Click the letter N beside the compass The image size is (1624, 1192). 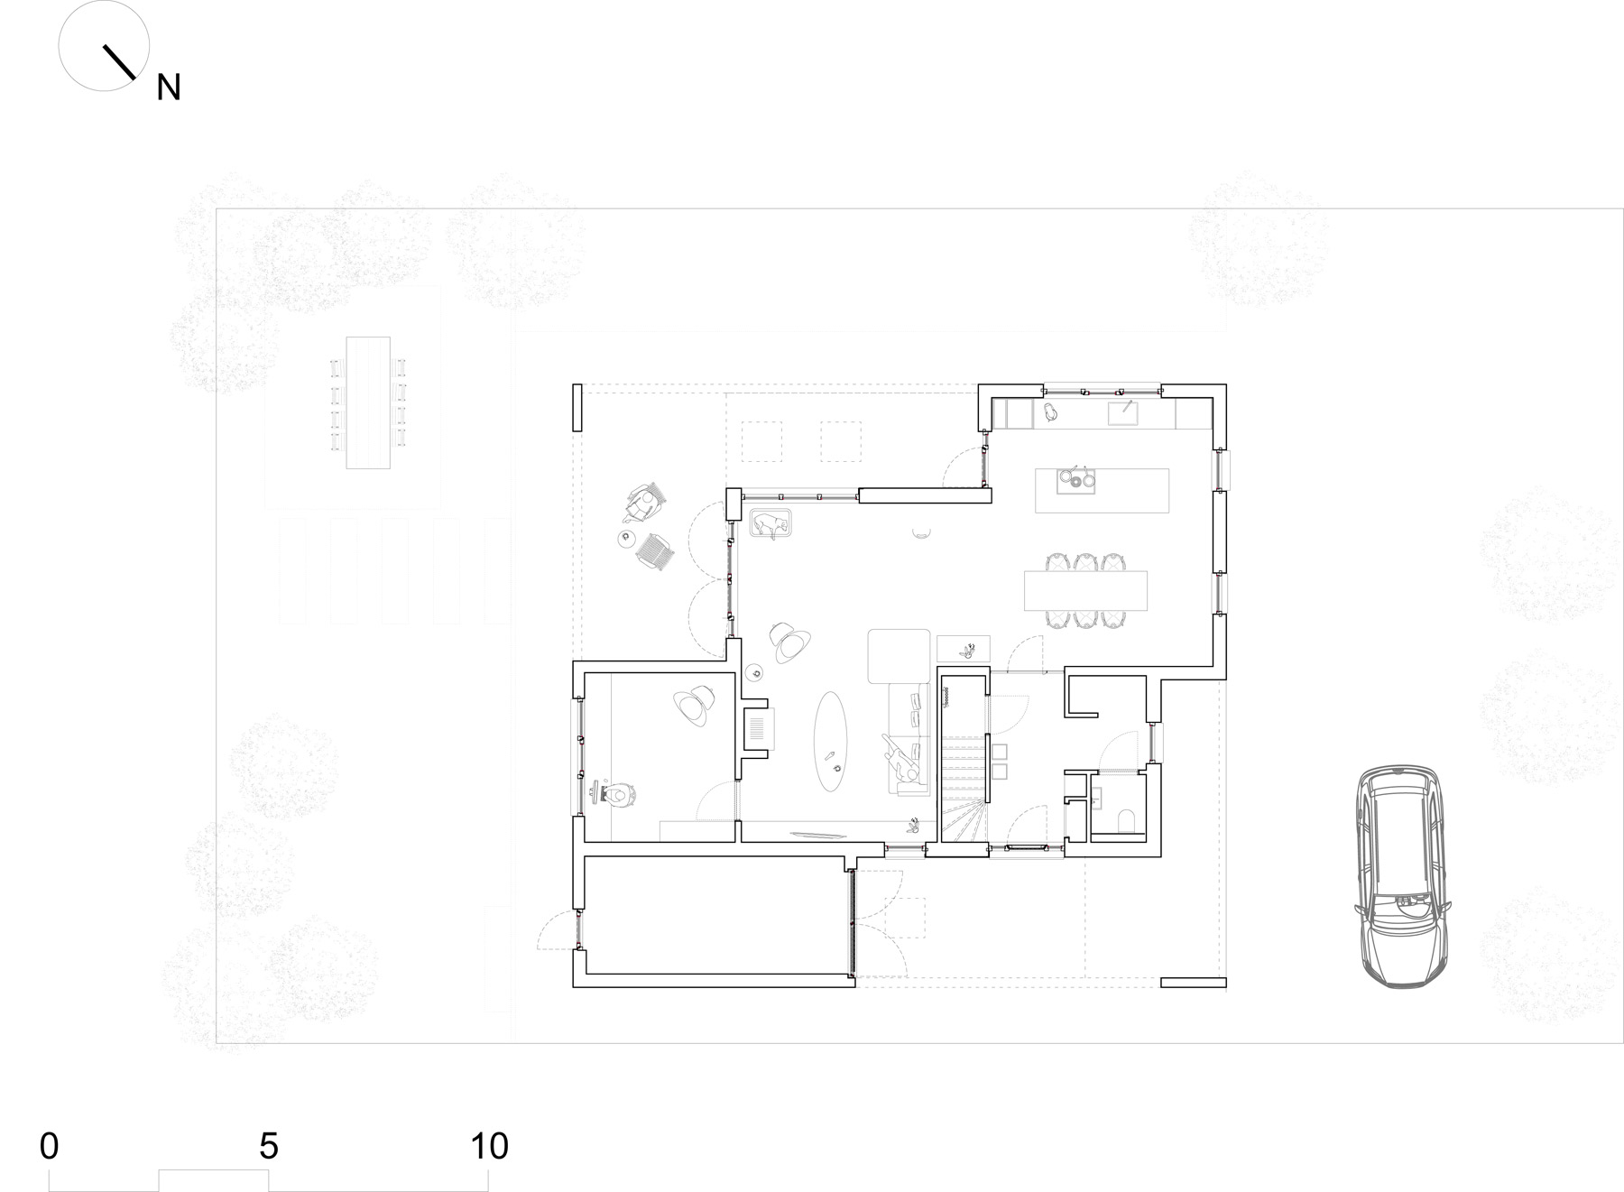[169, 88]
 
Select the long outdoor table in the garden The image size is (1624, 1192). [368, 402]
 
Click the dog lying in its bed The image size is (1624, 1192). [770, 524]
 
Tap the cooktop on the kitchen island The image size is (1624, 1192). [1075, 480]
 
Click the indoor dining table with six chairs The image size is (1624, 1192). [1086, 590]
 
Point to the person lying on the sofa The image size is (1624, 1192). [902, 757]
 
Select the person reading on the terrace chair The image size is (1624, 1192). [642, 504]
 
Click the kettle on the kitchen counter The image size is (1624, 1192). [1050, 412]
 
